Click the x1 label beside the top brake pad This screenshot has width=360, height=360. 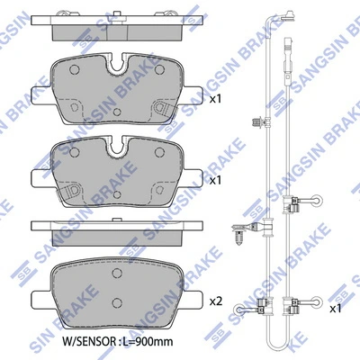(215, 98)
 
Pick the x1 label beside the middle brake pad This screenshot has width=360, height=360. (215, 180)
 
